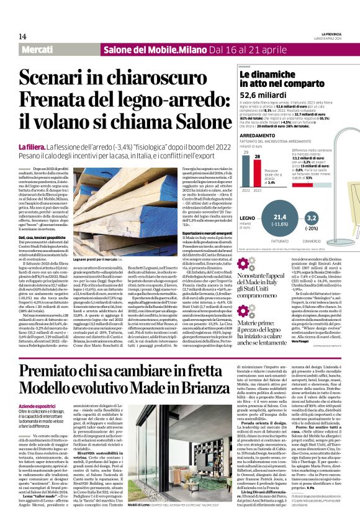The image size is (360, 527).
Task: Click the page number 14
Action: (x=22, y=36)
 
